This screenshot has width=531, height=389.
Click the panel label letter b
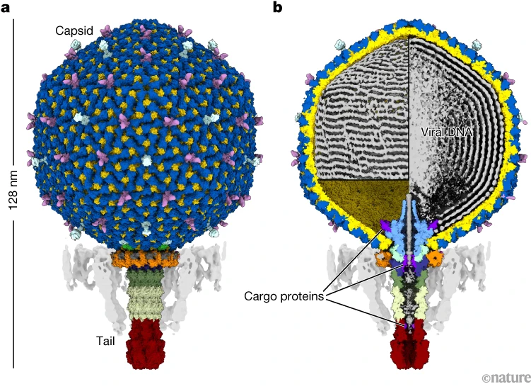[x=278, y=8]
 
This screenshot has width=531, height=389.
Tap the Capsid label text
[x=75, y=30]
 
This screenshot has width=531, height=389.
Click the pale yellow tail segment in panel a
[x=146, y=305]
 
